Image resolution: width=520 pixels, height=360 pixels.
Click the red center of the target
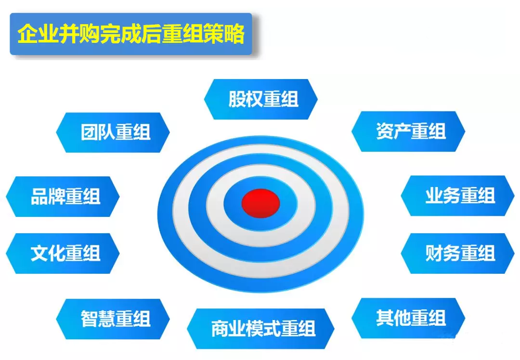coord(260,203)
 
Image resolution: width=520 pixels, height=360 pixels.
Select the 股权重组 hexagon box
coord(260,99)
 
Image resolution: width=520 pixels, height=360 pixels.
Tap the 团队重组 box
coord(113,133)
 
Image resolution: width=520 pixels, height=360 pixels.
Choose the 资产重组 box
coord(408,132)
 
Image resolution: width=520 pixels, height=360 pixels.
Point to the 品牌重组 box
coord(63,197)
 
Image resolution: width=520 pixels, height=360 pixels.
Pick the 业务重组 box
coord(458,196)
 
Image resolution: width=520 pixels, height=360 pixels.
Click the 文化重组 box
coord(63,253)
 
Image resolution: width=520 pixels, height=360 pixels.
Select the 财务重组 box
coord(458,253)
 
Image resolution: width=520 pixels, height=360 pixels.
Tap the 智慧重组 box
coord(113,319)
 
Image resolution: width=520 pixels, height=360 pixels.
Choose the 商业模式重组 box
coord(260,329)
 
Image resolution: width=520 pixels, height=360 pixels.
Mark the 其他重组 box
coord(408,318)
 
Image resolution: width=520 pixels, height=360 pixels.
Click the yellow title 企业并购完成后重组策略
coord(131,34)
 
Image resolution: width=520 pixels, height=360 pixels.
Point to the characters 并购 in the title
coord(79,34)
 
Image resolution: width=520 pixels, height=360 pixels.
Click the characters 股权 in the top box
coord(246,99)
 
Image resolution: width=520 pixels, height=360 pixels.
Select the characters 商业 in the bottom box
coord(229,329)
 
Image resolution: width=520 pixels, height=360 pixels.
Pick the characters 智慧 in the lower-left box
coord(98,319)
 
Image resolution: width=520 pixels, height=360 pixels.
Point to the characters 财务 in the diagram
coord(443,253)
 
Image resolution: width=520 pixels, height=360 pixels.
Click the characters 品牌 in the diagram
coord(48,197)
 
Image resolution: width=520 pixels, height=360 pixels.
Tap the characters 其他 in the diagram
coord(393,318)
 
